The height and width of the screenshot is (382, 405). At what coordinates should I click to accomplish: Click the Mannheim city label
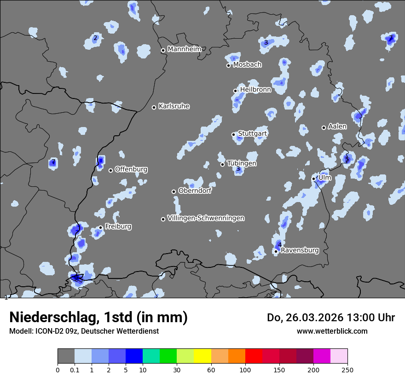tap(184, 49)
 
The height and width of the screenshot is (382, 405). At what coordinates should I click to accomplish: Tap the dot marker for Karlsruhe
tap(154, 107)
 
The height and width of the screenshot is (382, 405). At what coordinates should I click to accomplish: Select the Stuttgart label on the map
tap(252, 133)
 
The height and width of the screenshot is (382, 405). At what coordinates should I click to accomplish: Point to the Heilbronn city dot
tap(235, 91)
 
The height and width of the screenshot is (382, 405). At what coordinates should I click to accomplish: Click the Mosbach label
tap(247, 65)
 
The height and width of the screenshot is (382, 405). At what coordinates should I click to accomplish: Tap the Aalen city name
tap(337, 127)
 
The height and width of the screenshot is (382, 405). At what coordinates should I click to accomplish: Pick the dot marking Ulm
tap(314, 179)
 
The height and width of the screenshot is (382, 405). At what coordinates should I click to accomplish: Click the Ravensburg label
tap(300, 250)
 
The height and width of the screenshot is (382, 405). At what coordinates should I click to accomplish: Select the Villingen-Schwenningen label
tap(206, 218)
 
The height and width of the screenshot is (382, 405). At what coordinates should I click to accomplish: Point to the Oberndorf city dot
tap(174, 191)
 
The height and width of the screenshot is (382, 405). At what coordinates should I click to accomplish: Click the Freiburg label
tap(118, 226)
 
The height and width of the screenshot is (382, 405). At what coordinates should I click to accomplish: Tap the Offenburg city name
tap(131, 169)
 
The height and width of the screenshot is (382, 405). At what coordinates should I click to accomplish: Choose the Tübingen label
tap(242, 163)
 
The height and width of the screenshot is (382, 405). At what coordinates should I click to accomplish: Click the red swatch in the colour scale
tap(254, 356)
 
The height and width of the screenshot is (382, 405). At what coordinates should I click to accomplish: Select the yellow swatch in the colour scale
tap(202, 356)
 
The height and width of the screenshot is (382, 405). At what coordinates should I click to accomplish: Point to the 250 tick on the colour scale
tap(347, 370)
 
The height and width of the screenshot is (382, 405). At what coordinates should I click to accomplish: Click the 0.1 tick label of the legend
tap(75, 370)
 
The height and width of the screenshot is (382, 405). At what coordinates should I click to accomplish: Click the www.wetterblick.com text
tap(332, 331)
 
